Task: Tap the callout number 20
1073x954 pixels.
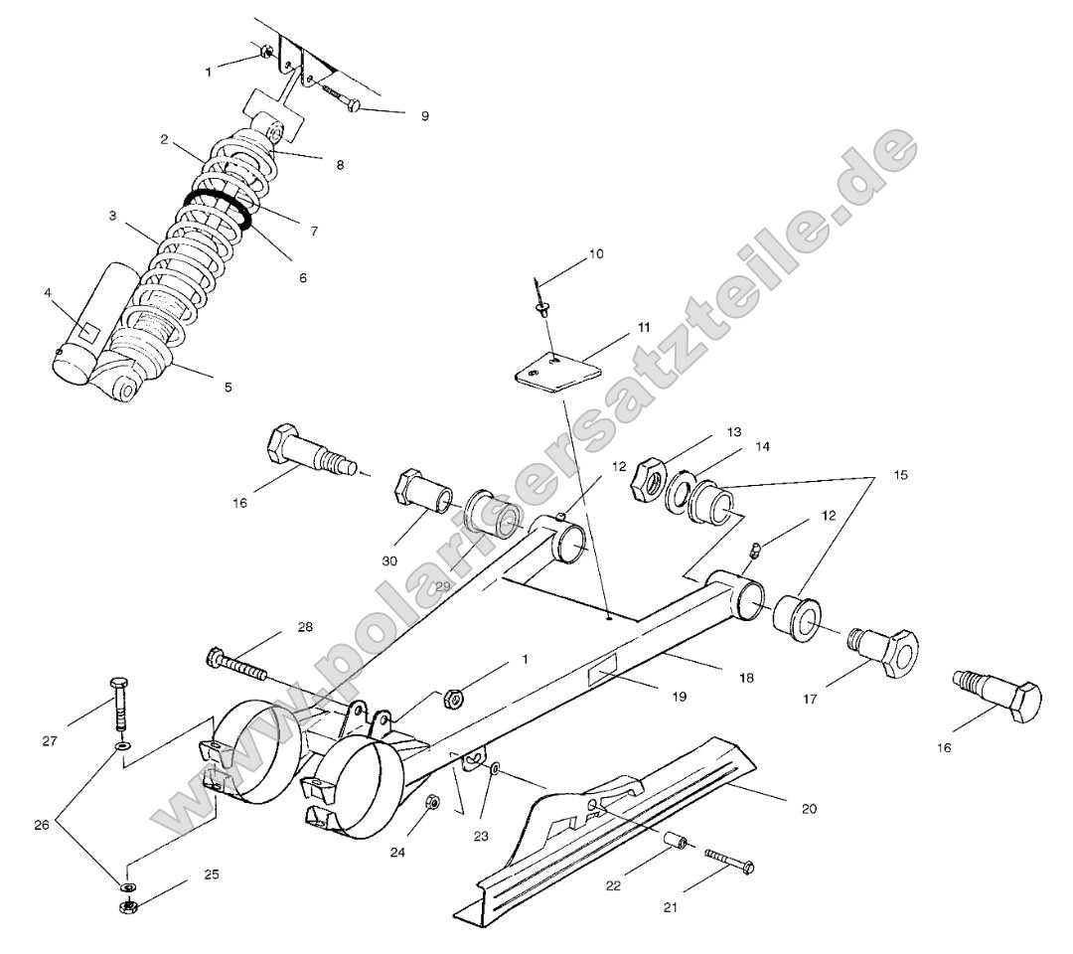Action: (x=809, y=808)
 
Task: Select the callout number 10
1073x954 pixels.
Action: (x=595, y=253)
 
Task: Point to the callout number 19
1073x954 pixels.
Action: (x=679, y=698)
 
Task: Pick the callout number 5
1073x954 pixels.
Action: (x=228, y=388)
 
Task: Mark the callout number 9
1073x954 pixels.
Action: (x=424, y=116)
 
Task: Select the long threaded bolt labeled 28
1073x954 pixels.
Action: (x=238, y=665)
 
